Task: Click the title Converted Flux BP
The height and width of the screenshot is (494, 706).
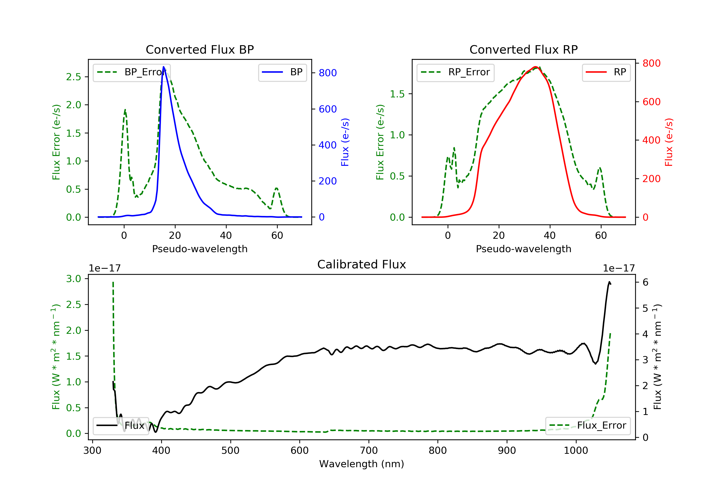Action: (200, 49)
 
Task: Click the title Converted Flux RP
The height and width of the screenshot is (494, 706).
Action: (523, 49)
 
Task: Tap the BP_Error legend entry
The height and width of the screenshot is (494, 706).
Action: (132, 72)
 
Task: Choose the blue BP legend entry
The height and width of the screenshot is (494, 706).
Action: (282, 72)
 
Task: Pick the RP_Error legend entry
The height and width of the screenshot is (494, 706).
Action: (455, 72)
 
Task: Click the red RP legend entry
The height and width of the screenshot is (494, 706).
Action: (606, 72)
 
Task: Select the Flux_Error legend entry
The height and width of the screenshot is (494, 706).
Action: (588, 426)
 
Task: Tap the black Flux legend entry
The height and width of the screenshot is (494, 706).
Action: (120, 426)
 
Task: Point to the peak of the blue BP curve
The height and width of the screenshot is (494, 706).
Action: (164, 67)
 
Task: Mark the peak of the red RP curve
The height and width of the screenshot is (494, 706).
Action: (535, 67)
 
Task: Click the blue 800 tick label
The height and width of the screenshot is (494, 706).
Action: (328, 73)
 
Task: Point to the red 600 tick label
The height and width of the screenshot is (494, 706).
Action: (651, 102)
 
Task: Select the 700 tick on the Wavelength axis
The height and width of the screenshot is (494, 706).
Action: (369, 451)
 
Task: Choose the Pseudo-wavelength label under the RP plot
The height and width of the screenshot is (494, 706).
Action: (523, 249)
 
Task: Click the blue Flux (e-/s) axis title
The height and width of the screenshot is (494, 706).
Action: (345, 142)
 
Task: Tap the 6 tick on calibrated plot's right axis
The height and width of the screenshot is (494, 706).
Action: (646, 282)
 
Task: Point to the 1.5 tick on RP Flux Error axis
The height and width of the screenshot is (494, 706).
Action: (397, 94)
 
